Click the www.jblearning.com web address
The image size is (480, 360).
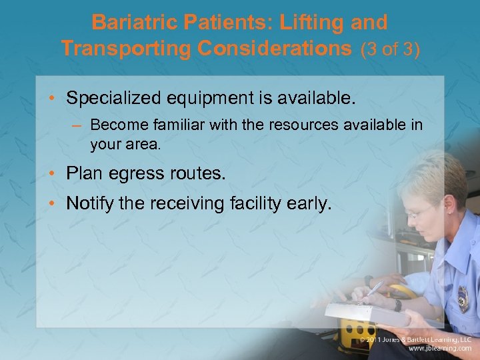point(439,349)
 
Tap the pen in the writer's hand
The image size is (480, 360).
point(373,290)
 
